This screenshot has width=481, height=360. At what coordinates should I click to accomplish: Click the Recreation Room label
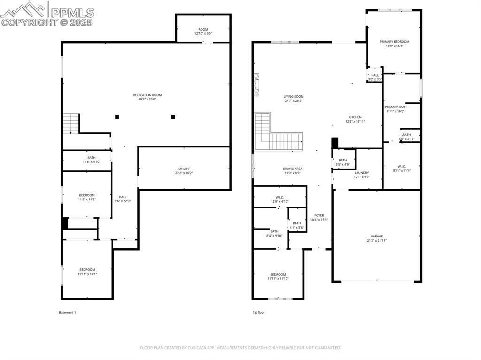point(147,95)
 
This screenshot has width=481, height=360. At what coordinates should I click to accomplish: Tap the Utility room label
point(184,169)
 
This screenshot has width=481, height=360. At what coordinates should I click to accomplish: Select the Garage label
point(376,236)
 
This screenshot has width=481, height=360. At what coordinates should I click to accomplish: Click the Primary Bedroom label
point(394,42)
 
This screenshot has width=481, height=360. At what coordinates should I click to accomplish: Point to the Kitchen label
point(355,117)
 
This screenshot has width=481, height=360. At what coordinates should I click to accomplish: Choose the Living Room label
point(293,96)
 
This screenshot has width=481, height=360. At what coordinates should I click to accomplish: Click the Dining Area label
point(292,169)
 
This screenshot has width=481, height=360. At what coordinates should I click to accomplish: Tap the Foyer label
point(319,215)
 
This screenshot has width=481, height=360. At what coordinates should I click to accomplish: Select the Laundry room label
point(361,173)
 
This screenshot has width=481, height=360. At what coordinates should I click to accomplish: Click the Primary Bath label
point(396,107)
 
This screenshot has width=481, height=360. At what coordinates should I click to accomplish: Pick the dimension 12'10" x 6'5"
point(203,34)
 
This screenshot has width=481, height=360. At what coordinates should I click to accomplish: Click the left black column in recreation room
point(117,116)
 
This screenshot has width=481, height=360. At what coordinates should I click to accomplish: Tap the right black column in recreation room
point(173,116)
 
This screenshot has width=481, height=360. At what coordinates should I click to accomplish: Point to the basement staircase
point(71,123)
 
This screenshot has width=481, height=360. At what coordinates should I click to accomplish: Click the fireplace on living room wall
point(256,84)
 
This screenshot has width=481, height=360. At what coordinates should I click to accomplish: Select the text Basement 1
point(67,312)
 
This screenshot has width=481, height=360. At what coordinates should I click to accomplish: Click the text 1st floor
point(258,312)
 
